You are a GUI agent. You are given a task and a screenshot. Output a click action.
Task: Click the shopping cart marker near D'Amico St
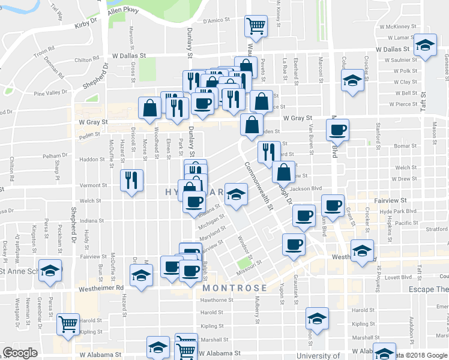[256, 26]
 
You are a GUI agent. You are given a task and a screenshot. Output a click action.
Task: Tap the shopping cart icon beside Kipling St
[69, 323]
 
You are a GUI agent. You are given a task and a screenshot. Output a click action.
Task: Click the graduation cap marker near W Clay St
[352, 79]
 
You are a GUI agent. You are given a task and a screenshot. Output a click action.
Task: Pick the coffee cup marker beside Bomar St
[338, 129]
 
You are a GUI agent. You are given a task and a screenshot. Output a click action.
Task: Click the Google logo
[20, 352]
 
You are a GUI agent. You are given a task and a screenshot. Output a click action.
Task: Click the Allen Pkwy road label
[123, 11]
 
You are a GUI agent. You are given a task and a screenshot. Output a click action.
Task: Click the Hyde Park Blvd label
[402, 212]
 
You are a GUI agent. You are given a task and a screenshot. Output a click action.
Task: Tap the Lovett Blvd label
[399, 277]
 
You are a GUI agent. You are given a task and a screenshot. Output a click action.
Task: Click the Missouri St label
[250, 263]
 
